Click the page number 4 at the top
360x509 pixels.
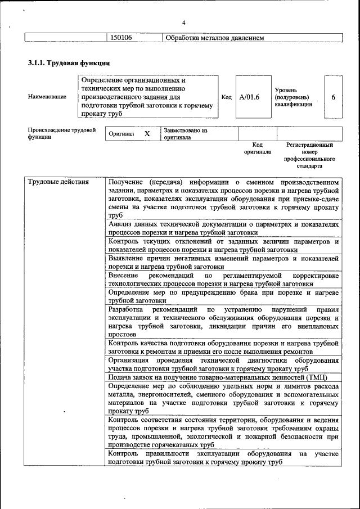184,22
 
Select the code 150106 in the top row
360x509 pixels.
120,38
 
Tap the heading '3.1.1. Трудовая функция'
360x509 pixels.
69,62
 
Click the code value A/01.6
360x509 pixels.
249,97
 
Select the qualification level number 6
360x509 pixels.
333,97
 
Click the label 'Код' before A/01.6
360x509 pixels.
227,97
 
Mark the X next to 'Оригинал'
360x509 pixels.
147,134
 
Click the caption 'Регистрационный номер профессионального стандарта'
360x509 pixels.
309,156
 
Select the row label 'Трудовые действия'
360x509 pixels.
58,182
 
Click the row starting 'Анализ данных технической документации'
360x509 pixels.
223,228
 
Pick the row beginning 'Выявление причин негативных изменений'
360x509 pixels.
223,263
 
